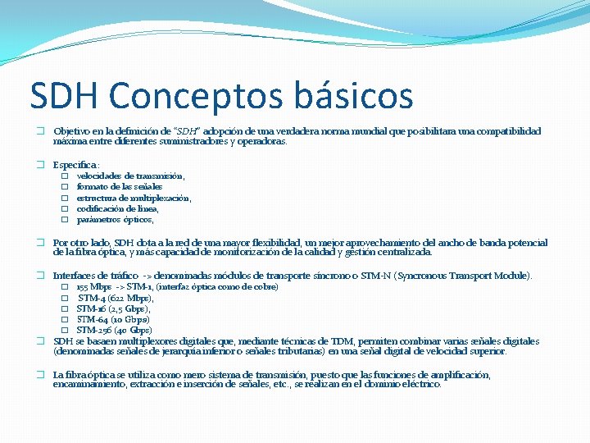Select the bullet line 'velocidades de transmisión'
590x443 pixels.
pyautogui.click(x=130, y=176)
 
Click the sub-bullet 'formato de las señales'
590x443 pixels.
pyautogui.click(x=120, y=187)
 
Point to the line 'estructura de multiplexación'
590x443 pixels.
pyautogui.click(x=134, y=198)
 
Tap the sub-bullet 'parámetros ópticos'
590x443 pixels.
pyautogui.click(x=115, y=220)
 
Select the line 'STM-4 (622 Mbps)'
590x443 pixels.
pyautogui.click(x=115, y=298)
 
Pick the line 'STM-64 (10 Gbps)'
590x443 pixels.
pyautogui.click(x=112, y=319)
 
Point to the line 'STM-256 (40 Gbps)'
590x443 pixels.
pyautogui.click(x=114, y=330)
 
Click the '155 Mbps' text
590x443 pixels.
pyautogui.click(x=93, y=287)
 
